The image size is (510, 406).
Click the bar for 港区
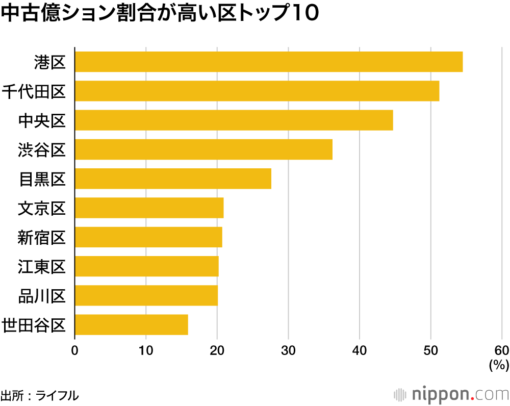tap(269, 62)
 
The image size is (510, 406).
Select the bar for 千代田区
tap(257, 91)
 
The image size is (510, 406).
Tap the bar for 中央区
tap(234, 120)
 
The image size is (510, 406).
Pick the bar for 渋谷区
tap(203, 149)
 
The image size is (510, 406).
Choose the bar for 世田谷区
tap(131, 325)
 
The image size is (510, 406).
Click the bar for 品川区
tap(146, 296)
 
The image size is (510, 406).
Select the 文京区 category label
tap(42, 208)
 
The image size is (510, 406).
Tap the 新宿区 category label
tap(42, 237)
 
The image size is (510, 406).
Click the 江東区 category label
tap(42, 267)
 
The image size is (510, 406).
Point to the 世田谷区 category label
tap(34, 325)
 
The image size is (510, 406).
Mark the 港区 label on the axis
tap(50, 62)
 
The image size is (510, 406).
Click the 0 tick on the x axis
tap(75, 350)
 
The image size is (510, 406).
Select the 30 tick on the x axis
tap(289, 350)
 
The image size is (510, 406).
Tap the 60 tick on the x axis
tap(502, 350)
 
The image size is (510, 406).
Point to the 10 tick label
tap(146, 350)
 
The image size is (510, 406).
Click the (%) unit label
tap(499, 365)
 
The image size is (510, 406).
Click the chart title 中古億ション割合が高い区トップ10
tap(160, 15)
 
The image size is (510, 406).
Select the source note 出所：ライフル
tap(40, 395)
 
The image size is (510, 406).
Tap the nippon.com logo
tap(452, 394)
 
